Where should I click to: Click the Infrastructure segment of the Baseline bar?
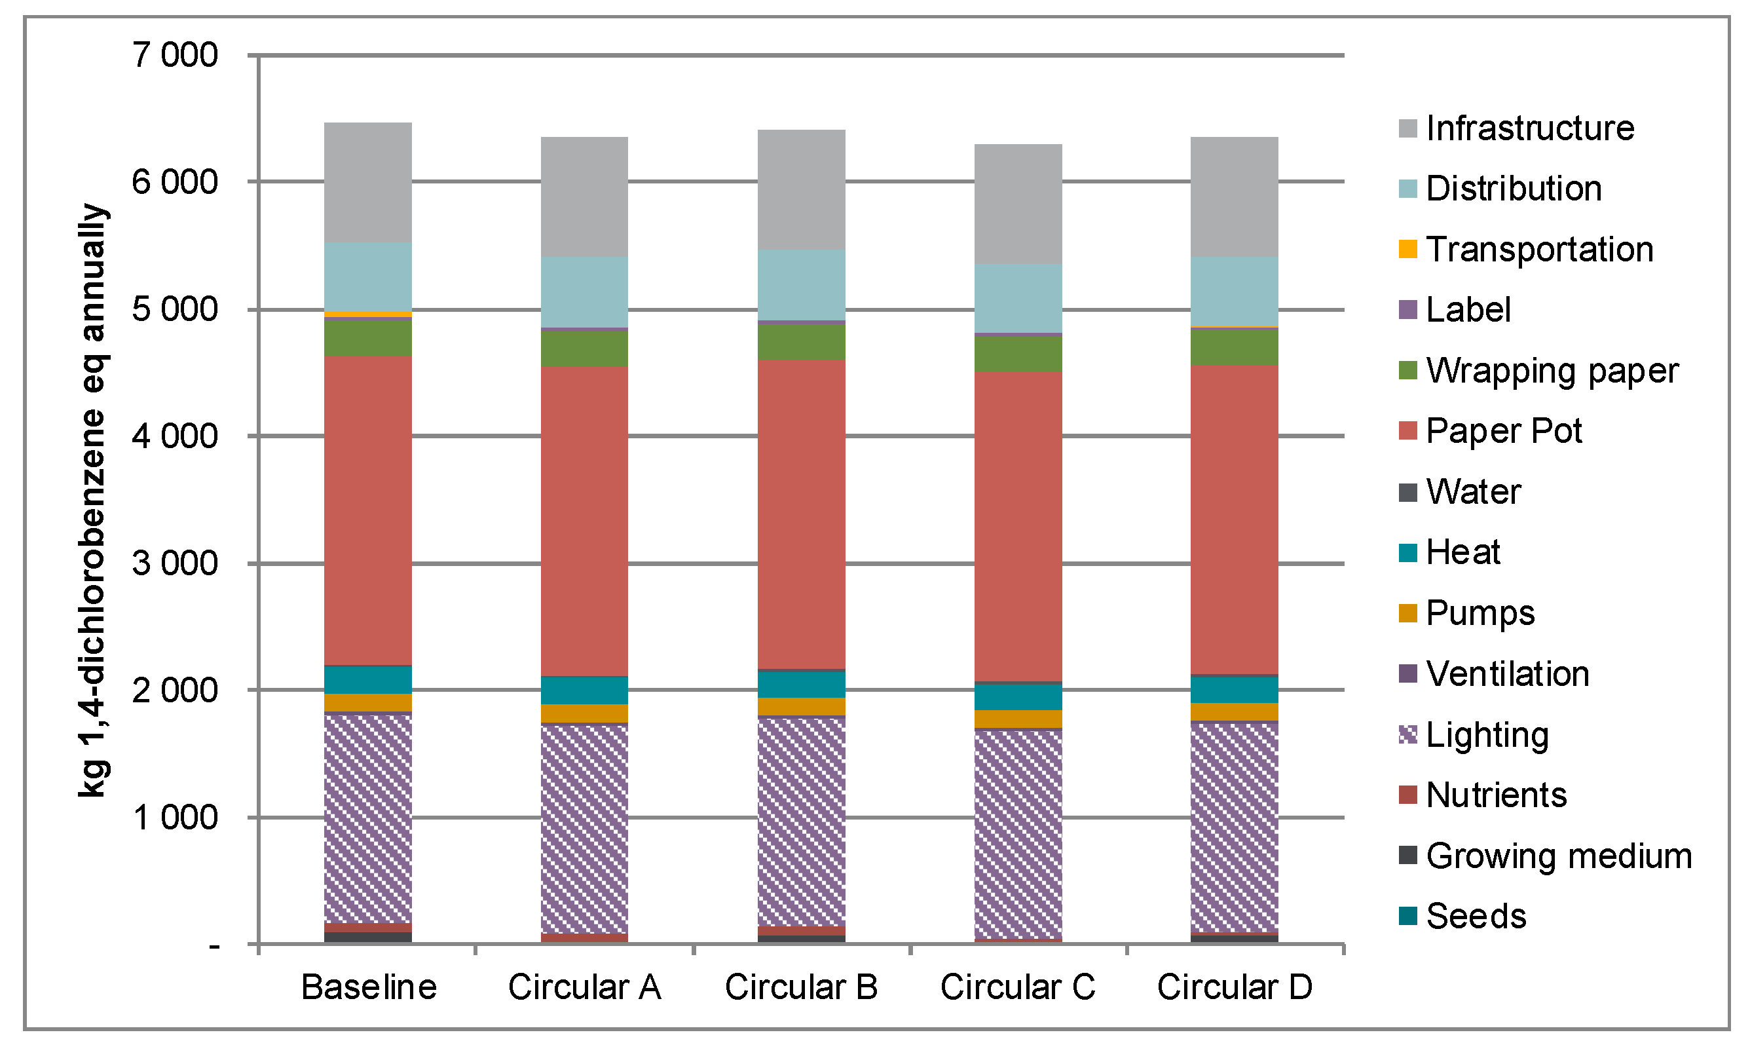pos(367,182)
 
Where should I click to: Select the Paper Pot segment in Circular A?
pos(584,521)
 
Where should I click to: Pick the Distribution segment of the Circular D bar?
pos(1234,290)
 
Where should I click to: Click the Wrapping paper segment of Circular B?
pos(802,341)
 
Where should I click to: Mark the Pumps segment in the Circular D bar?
pos(1234,711)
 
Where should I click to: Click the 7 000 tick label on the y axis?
pos(176,56)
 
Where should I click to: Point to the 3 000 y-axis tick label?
pos(176,563)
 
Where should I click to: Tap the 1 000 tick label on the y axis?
pos(176,817)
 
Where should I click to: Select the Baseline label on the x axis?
pos(369,987)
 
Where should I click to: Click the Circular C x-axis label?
pos(1017,987)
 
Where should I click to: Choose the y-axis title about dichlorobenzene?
pos(93,499)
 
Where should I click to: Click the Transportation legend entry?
pos(1539,250)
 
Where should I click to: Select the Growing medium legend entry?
pos(1558,856)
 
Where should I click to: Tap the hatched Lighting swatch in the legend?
pos(1408,734)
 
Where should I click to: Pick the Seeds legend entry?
pos(1476,916)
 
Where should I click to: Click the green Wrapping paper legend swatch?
pos(1408,370)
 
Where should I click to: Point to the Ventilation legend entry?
pos(1508,673)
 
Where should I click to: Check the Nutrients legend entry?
pos(1496,795)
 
